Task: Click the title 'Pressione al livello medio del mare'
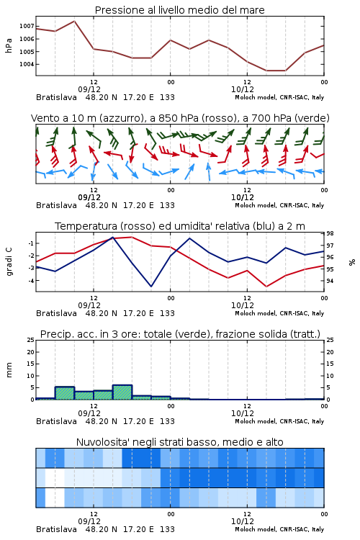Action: [179, 10]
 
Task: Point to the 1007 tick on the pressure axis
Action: [27, 26]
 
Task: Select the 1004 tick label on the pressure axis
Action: [27, 64]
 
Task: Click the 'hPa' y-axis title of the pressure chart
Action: [9, 45]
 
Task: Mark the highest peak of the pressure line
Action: [74, 21]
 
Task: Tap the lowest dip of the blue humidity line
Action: [151, 286]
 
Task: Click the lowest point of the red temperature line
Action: [266, 286]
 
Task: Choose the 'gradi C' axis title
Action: [9, 261]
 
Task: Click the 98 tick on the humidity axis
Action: [330, 233]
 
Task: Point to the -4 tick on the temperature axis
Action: [31, 281]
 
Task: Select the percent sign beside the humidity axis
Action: [352, 262]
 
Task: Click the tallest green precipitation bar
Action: [122, 392]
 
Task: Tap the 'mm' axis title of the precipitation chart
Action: [9, 370]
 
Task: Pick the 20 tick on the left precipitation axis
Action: [31, 352]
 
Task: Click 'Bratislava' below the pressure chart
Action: [56, 97]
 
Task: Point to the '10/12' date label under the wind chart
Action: [243, 197]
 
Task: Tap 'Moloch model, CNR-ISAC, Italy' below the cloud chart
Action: [279, 529]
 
